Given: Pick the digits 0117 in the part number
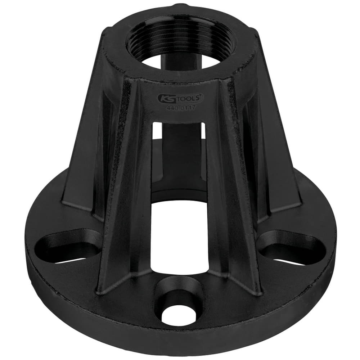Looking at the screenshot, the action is [187, 107].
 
